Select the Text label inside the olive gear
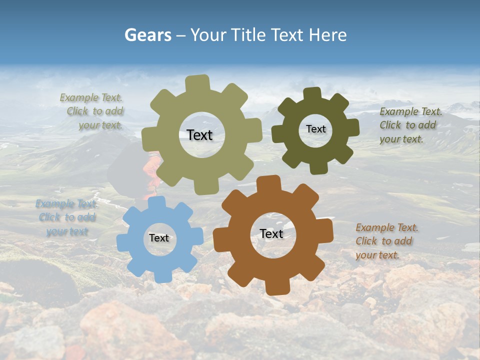click(x=199, y=135)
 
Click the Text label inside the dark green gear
click(x=315, y=129)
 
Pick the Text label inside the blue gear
click(x=159, y=238)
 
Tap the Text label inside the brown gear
click(x=271, y=233)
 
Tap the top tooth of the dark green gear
click(x=312, y=93)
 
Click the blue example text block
click(x=65, y=217)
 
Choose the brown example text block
click(x=386, y=241)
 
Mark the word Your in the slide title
click(x=210, y=35)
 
